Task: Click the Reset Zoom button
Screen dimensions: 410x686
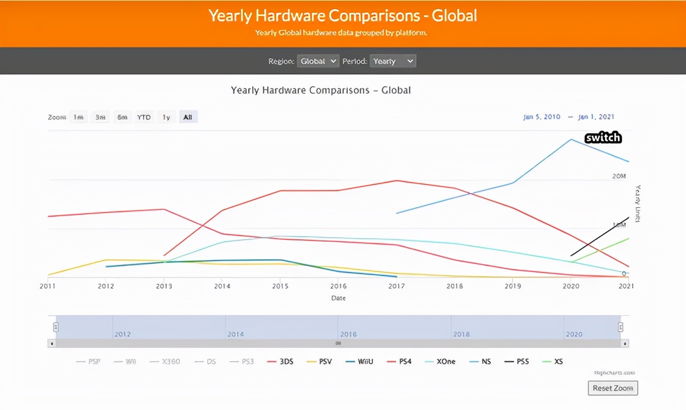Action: coord(613,388)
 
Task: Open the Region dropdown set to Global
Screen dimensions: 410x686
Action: coord(318,61)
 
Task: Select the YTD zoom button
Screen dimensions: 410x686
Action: coord(144,117)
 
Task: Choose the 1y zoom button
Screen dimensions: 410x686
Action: coord(166,117)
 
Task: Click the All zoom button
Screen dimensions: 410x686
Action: coord(188,117)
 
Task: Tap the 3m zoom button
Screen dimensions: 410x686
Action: coord(100,117)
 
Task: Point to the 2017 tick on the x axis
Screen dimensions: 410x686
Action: coord(397,286)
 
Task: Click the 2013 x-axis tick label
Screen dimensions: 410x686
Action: coord(164,286)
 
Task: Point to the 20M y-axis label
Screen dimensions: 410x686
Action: coord(619,176)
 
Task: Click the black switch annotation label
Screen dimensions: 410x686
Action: coord(603,138)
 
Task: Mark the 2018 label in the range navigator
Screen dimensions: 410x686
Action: coord(461,334)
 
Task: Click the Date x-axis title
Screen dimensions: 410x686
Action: coord(338,298)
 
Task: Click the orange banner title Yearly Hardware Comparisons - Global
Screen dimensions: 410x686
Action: coord(342,16)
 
